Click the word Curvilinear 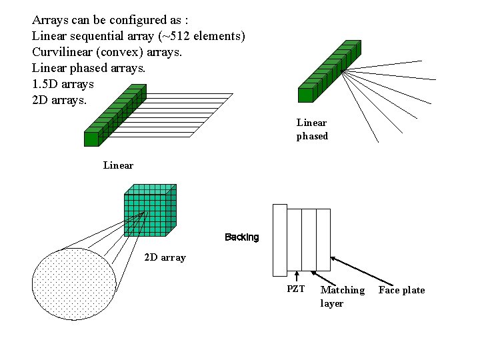pyautogui.click(x=61, y=51)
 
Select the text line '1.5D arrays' pyautogui.click(x=63, y=85)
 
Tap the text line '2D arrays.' pyautogui.click(x=59, y=101)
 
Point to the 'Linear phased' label pyautogui.click(x=312, y=129)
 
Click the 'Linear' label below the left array pyautogui.click(x=118, y=165)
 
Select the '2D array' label pyautogui.click(x=165, y=257)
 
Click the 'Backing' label pyautogui.click(x=242, y=237)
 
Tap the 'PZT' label pyautogui.click(x=295, y=289)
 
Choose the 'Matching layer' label pyautogui.click(x=342, y=297)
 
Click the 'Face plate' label pyautogui.click(x=401, y=290)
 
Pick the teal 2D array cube pyautogui.click(x=149, y=210)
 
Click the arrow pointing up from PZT pyautogui.click(x=295, y=276)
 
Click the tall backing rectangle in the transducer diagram pyautogui.click(x=279, y=240)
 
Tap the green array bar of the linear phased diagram pyautogui.click(x=330, y=70)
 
